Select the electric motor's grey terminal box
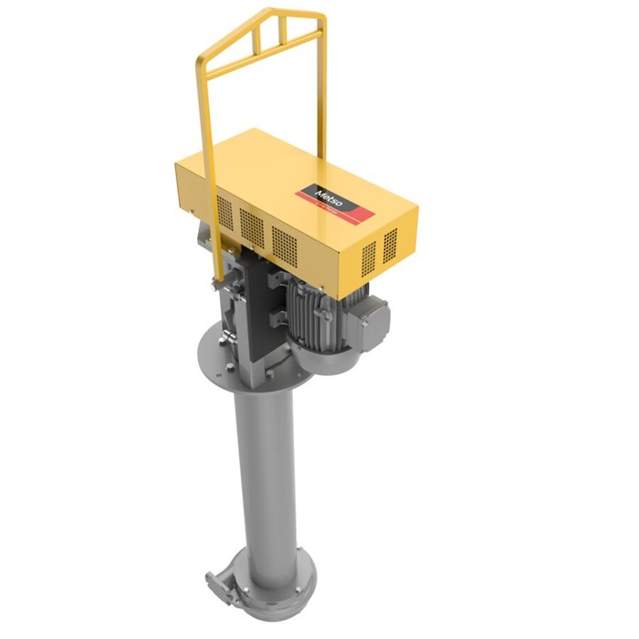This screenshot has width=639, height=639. (x=370, y=315)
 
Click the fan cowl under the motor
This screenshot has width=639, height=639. (x=324, y=361)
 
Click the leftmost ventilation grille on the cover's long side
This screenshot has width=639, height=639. (x=224, y=214)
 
